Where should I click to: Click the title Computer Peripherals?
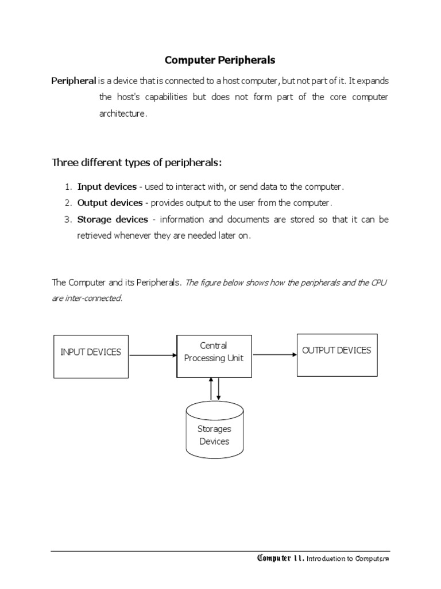220,60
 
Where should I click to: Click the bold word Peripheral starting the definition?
73,81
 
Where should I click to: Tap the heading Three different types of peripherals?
137,163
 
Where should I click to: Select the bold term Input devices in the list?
107,187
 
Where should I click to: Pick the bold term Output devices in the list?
110,203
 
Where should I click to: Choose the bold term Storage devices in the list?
113,219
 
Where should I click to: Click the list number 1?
67,187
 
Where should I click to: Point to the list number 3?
67,219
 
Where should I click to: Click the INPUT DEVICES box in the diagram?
91,356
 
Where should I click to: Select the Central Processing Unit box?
214,356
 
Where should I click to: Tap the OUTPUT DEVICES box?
336,354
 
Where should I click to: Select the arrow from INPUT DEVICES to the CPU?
153,355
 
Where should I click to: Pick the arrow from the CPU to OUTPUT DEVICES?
274,355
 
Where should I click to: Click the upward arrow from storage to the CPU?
211,389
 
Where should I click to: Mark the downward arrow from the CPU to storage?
218,389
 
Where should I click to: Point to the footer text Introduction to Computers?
348,559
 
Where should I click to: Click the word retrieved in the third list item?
95,236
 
